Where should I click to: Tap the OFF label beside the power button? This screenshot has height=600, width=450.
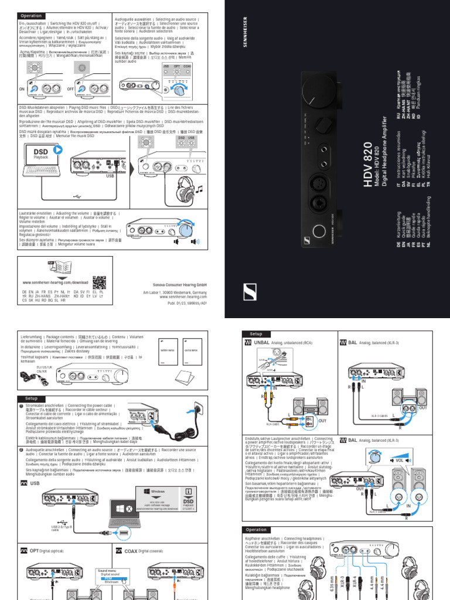click(x=70, y=88)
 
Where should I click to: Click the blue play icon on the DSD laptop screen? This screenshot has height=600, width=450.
click(x=58, y=150)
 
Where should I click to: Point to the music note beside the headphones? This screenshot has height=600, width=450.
click(x=199, y=188)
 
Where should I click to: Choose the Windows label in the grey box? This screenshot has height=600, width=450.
click(x=158, y=490)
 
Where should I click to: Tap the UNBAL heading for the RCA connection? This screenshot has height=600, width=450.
click(x=261, y=343)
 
